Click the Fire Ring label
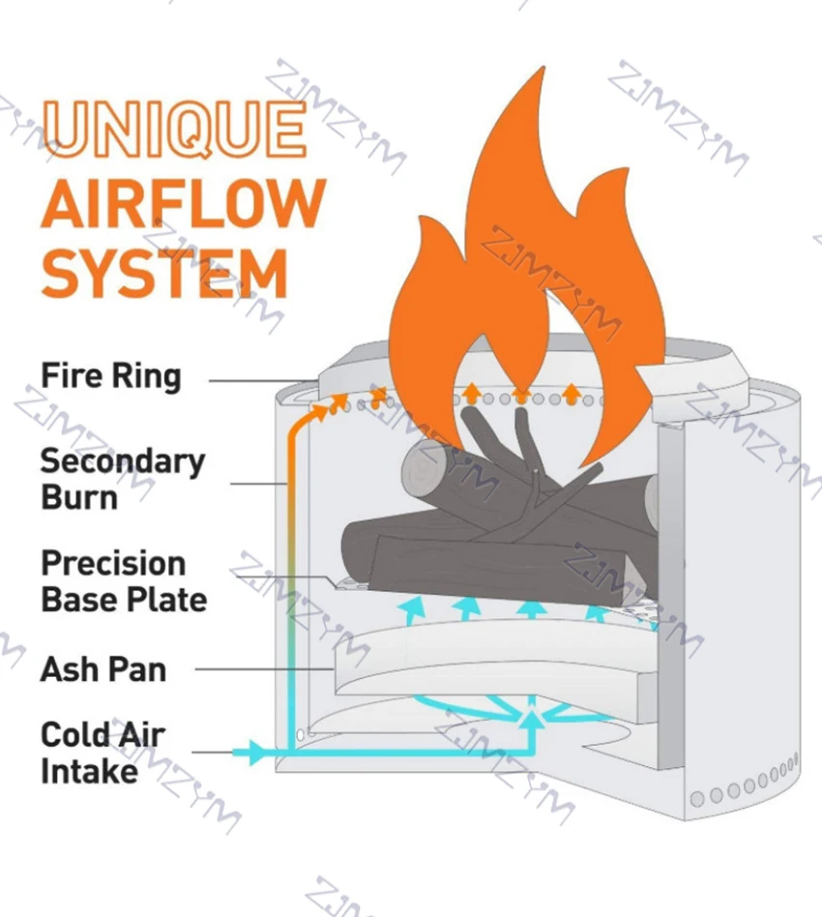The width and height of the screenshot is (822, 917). (110, 375)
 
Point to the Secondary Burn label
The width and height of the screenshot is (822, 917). (122, 479)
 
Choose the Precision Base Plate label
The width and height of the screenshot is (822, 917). (123, 580)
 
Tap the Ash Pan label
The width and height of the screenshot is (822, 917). (103, 668)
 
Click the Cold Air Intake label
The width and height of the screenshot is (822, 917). (102, 753)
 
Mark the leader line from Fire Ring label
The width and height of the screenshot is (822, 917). (261, 381)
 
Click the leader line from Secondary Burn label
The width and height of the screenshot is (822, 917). (256, 483)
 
